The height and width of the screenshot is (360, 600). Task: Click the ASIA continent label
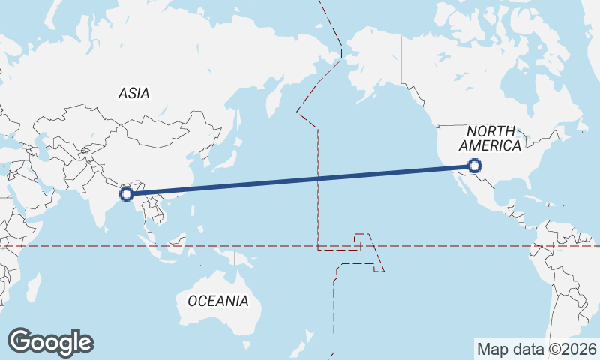134,94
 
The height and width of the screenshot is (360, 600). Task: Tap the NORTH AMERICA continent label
490,139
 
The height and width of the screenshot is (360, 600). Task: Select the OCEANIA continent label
217,301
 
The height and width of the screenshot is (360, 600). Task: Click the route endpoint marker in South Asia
127,194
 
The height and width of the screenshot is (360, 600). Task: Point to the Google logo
50,342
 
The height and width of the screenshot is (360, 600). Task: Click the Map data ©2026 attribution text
537,349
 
